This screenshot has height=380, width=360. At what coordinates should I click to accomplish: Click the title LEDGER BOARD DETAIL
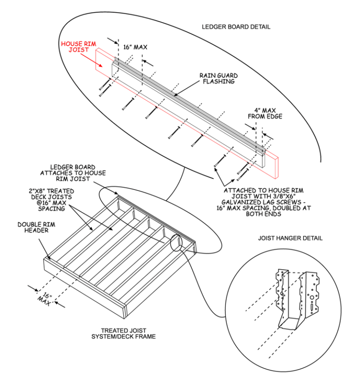[x=236, y=27]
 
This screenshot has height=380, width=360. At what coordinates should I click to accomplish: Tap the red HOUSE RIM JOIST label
[x=78, y=47]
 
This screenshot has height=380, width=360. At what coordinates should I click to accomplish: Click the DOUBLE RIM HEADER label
[x=37, y=228]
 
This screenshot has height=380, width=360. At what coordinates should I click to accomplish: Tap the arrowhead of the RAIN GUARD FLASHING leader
[x=176, y=96]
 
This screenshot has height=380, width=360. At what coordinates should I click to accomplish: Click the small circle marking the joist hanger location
[x=178, y=243]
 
